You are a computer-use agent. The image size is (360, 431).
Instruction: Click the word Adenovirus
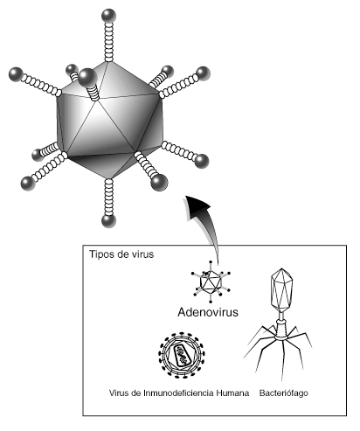pos(208,312)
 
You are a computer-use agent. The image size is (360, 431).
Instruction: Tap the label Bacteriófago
pos(283,393)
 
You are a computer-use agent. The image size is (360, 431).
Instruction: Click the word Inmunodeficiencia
pos(178,393)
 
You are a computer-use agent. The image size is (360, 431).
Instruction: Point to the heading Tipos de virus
pos(121,254)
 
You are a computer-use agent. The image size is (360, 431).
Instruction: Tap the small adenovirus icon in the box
pos(211,282)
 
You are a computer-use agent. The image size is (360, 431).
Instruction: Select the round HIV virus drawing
pos(182,355)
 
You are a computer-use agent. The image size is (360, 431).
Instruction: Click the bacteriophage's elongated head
pos(281,290)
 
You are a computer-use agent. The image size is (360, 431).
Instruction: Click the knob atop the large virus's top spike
pos(108,16)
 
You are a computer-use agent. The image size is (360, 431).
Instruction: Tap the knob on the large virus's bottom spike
pos(108,221)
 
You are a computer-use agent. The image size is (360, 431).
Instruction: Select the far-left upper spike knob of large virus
pos(16,74)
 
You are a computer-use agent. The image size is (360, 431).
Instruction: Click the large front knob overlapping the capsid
pos(87,78)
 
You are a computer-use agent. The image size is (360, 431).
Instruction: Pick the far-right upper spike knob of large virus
pos(203,74)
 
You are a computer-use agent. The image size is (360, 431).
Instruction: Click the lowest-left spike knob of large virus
pos(28,184)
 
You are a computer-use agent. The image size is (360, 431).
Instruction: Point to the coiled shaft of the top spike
pos(108,42)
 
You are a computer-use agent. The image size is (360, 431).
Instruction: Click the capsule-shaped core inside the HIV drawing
pos(182,355)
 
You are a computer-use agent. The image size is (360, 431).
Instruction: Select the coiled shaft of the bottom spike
pos(108,197)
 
